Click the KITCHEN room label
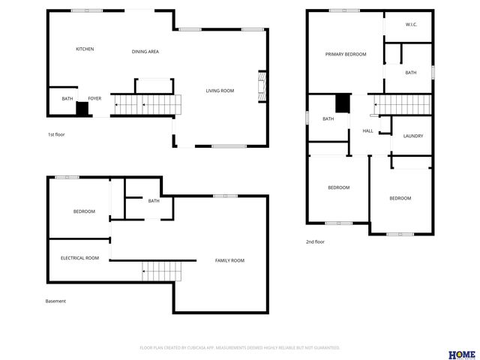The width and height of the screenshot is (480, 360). click(x=85, y=49)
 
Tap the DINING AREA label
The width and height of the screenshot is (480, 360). click(x=145, y=52)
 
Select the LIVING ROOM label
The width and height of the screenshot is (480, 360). click(x=220, y=91)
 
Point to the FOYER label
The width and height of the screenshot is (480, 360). click(x=94, y=98)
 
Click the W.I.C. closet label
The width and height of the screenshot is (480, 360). click(x=411, y=25)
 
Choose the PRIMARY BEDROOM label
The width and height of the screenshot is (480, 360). click(x=345, y=55)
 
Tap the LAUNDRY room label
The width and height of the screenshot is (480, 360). click(x=413, y=136)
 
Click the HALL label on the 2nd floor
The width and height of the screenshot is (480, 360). click(x=367, y=131)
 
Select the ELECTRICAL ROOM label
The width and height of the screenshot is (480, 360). click(x=79, y=258)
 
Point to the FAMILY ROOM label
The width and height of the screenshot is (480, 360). click(x=229, y=260)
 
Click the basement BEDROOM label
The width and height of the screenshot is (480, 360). click(x=84, y=211)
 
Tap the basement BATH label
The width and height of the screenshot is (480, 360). click(x=154, y=201)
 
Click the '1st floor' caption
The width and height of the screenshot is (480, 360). click(x=56, y=134)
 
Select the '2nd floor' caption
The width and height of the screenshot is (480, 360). click(x=315, y=242)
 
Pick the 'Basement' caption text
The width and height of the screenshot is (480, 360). click(x=55, y=301)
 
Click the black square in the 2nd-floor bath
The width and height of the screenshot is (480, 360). click(x=342, y=103)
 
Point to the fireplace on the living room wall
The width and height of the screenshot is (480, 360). click(x=262, y=85)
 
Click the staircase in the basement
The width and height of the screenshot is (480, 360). click(x=162, y=270)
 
